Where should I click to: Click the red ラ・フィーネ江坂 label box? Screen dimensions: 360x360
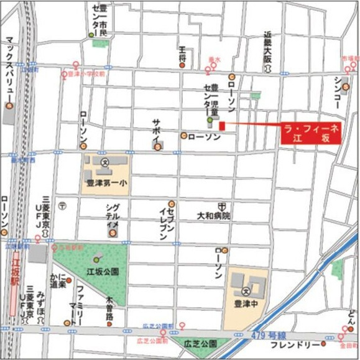(x=310, y=134)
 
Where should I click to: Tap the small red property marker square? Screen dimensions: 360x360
(x=221, y=126)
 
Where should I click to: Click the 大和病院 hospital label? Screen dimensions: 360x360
(x=213, y=216)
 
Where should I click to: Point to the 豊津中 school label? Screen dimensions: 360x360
(x=246, y=305)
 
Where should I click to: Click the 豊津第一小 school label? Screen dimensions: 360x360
(x=106, y=183)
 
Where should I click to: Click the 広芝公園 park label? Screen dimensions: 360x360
(x=201, y=343)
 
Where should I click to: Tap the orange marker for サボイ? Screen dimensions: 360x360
(x=159, y=147)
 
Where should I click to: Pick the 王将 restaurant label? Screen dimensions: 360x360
(x=182, y=53)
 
